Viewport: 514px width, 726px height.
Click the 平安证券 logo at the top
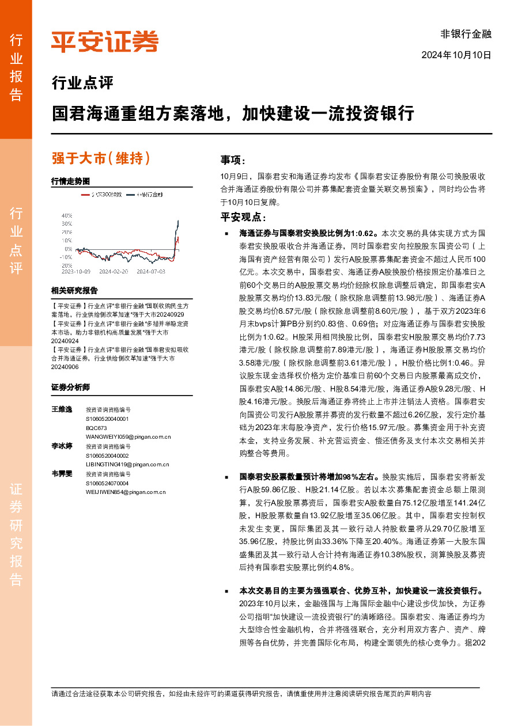coord(104,41)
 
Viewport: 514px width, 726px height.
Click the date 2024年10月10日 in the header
coord(456,55)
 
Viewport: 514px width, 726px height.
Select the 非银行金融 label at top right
coord(466,34)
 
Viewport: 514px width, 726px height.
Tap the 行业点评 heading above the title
coord(82,83)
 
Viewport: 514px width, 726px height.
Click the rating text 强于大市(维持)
coord(101,158)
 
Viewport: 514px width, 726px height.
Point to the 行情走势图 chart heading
coord(70,181)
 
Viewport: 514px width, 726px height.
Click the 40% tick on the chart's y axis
coord(66,215)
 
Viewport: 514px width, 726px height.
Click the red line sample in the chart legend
coord(85,196)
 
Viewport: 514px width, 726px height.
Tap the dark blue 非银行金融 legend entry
coord(145,196)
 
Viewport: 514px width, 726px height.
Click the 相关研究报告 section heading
coord(74,290)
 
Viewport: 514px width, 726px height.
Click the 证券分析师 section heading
coord(70,387)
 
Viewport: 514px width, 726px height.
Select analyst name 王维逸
coord(62,409)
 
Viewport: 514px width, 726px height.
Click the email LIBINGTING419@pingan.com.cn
coord(127,464)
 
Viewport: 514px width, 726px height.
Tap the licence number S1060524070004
coord(107,483)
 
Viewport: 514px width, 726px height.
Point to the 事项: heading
coord(233,160)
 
